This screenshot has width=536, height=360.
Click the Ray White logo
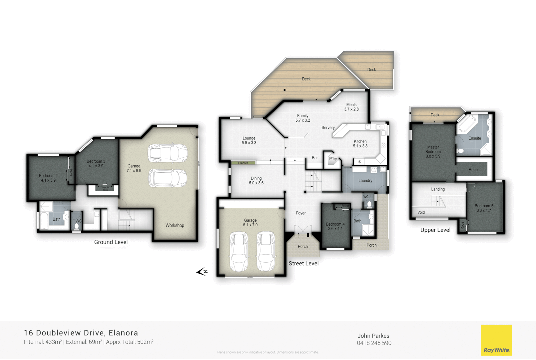click(x=496, y=340)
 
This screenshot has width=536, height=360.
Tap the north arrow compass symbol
click(x=202, y=272)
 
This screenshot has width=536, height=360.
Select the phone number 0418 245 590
click(x=374, y=343)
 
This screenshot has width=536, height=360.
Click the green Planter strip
click(x=243, y=163)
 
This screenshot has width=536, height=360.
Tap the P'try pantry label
click(x=333, y=159)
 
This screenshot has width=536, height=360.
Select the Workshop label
click(x=175, y=225)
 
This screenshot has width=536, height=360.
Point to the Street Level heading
click(x=303, y=263)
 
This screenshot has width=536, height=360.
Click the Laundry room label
click(x=365, y=180)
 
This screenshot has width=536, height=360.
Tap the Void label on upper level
click(x=421, y=212)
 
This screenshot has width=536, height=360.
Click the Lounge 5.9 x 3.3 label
click(x=249, y=140)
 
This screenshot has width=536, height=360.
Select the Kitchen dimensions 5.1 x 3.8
click(x=360, y=146)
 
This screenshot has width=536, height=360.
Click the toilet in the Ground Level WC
click(x=77, y=226)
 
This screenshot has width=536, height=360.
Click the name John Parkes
click(x=373, y=336)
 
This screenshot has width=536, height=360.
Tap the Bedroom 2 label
click(x=48, y=178)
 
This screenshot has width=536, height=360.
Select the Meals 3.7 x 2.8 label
click(x=351, y=107)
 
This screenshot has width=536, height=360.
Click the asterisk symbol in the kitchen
click(x=359, y=162)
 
